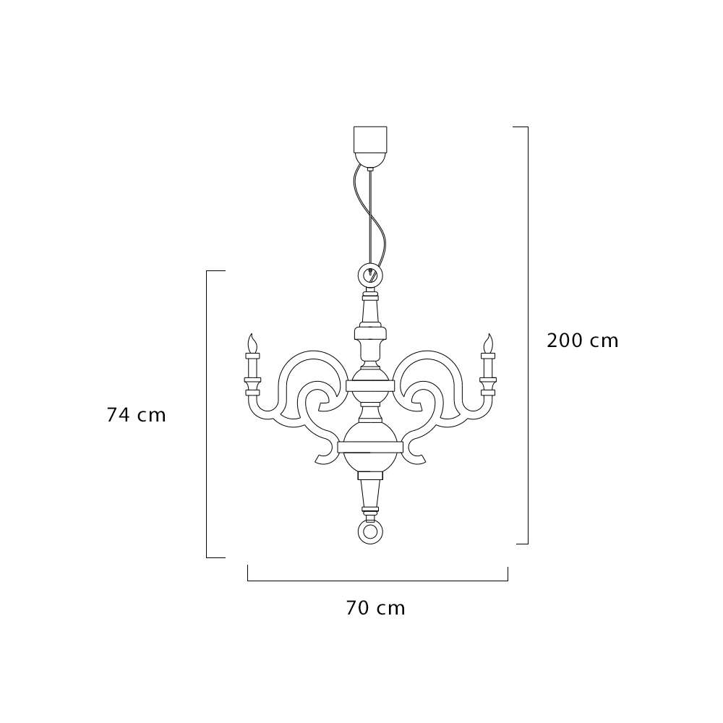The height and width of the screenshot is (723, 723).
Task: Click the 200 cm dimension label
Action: pos(582,341)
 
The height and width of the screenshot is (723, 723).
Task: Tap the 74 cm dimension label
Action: pos(136,415)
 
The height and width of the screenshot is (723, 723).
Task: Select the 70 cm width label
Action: pos(375,608)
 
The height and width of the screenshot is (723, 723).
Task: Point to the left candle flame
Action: pos(252,343)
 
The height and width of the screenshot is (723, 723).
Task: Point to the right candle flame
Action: pos(488,343)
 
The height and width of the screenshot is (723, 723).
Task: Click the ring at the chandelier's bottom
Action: pos(369,531)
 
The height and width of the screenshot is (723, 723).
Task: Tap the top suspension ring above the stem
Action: pos(369,275)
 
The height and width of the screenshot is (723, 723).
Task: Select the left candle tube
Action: pos(252,368)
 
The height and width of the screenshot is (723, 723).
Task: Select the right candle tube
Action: pos(487,368)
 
